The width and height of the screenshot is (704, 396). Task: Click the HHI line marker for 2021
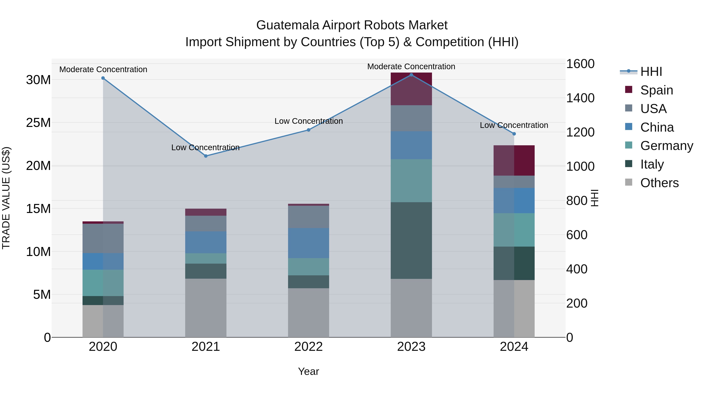pyautogui.click(x=206, y=156)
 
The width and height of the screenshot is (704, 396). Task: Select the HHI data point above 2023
pyautogui.click(x=411, y=75)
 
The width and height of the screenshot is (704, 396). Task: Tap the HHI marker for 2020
pyautogui.click(x=103, y=78)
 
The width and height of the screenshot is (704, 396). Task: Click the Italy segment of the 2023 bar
pyautogui.click(x=411, y=241)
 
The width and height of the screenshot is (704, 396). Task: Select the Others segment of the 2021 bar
pyautogui.click(x=206, y=308)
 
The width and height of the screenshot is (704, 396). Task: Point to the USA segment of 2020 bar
pyautogui.click(x=103, y=238)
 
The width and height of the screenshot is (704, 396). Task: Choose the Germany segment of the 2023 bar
pyautogui.click(x=411, y=181)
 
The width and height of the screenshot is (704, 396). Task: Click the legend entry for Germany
pyautogui.click(x=667, y=146)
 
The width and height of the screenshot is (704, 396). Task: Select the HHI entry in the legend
pyautogui.click(x=651, y=72)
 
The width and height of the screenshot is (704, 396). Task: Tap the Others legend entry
pyautogui.click(x=659, y=183)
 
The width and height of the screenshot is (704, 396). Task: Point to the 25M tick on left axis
pyautogui.click(x=38, y=123)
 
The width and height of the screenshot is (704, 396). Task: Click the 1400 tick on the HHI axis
pyautogui.click(x=580, y=98)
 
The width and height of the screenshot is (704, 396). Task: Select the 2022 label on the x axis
pyautogui.click(x=309, y=347)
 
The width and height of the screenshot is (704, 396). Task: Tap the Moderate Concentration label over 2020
pyautogui.click(x=103, y=69)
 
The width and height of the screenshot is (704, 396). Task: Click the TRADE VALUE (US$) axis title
pyautogui.click(x=6, y=198)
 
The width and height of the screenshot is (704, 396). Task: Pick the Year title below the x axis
pyautogui.click(x=309, y=371)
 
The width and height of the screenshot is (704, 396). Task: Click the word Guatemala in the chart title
pyautogui.click(x=287, y=25)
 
